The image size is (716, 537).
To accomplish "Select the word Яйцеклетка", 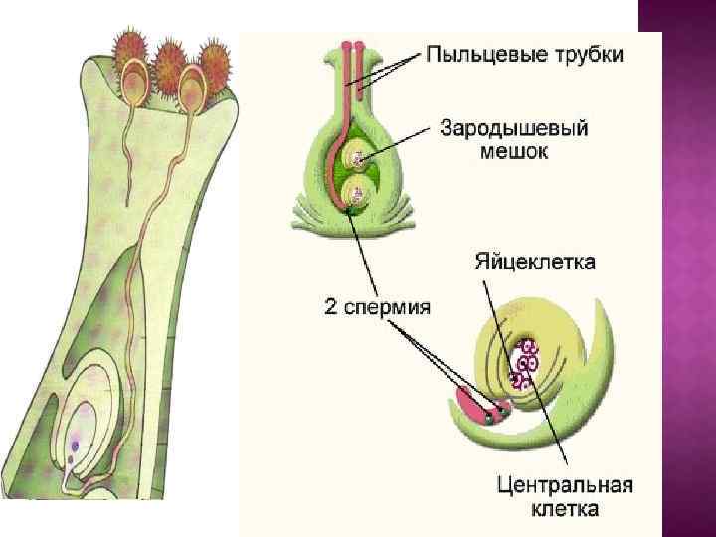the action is pos(534,263).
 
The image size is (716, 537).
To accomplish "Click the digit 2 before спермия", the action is pos(332,305).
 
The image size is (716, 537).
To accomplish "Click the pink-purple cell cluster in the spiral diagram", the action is pos(524,364).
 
